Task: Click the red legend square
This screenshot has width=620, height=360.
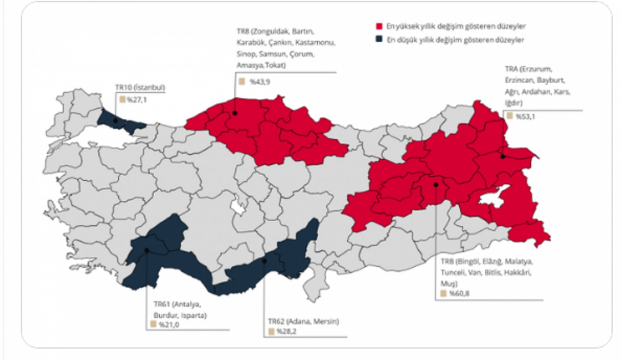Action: [x=379, y=26]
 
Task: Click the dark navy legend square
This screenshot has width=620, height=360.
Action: [x=379, y=39]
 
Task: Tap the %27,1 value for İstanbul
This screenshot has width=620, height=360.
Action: [x=137, y=100]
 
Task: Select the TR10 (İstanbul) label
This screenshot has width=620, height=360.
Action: [x=140, y=87]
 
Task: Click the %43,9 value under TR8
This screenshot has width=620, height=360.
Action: [x=260, y=82]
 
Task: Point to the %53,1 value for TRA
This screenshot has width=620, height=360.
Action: [x=525, y=117]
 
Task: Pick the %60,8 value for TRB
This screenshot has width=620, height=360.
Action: [x=460, y=294]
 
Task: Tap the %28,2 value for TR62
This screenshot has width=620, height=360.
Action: [x=286, y=331]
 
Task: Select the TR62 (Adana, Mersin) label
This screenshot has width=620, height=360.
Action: [x=303, y=321]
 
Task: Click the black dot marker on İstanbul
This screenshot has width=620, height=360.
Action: [x=115, y=121]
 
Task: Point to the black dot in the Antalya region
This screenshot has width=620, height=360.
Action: [x=147, y=250]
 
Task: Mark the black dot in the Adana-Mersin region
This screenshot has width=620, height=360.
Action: [x=264, y=261]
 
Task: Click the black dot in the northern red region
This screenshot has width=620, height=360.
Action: [x=235, y=114]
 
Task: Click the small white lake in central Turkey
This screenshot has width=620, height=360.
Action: [x=238, y=208]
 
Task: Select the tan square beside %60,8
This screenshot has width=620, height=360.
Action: [x=444, y=294]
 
